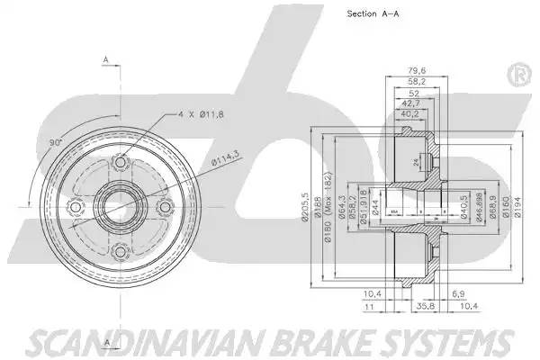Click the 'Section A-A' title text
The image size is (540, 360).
373,13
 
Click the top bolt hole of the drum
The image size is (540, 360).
118,164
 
